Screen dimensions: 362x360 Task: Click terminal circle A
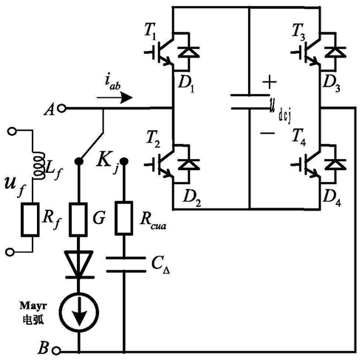[61, 108]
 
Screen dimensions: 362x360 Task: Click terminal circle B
[56, 350]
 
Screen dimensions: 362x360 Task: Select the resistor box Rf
[30, 220]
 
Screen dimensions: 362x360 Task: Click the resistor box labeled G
[78, 220]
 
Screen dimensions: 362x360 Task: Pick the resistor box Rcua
[124, 218]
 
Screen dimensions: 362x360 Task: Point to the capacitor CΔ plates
[126, 265]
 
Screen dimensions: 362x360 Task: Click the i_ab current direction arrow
[115, 98]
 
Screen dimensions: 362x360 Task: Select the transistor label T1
[150, 31]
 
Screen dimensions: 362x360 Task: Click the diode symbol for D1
[188, 52]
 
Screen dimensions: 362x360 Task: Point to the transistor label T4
[299, 137]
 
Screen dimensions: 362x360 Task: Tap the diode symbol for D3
[335, 52]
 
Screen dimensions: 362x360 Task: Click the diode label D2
[192, 198]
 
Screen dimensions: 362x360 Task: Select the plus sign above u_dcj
[270, 81]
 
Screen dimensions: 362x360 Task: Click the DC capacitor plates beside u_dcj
[250, 101]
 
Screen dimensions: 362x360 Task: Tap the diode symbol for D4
[335, 164]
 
